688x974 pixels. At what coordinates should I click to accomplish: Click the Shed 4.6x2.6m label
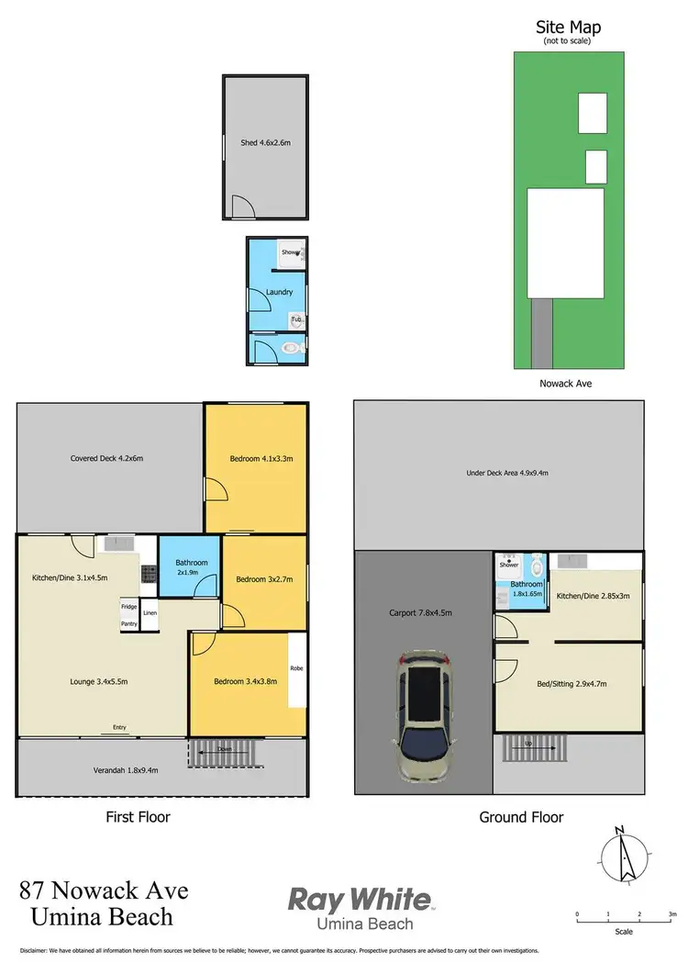(x=265, y=143)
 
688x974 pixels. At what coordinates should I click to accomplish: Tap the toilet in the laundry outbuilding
(x=291, y=349)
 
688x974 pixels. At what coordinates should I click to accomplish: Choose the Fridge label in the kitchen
(x=128, y=607)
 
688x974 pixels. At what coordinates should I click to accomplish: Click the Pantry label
(x=128, y=624)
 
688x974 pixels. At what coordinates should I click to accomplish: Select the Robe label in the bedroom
(x=296, y=668)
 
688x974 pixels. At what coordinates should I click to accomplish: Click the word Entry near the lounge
(x=119, y=728)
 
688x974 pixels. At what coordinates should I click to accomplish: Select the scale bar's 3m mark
(x=672, y=914)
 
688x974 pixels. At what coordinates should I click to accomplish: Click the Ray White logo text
(x=359, y=899)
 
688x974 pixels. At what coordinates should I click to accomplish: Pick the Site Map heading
(x=568, y=28)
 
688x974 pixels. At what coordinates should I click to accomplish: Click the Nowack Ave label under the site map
(x=566, y=384)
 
